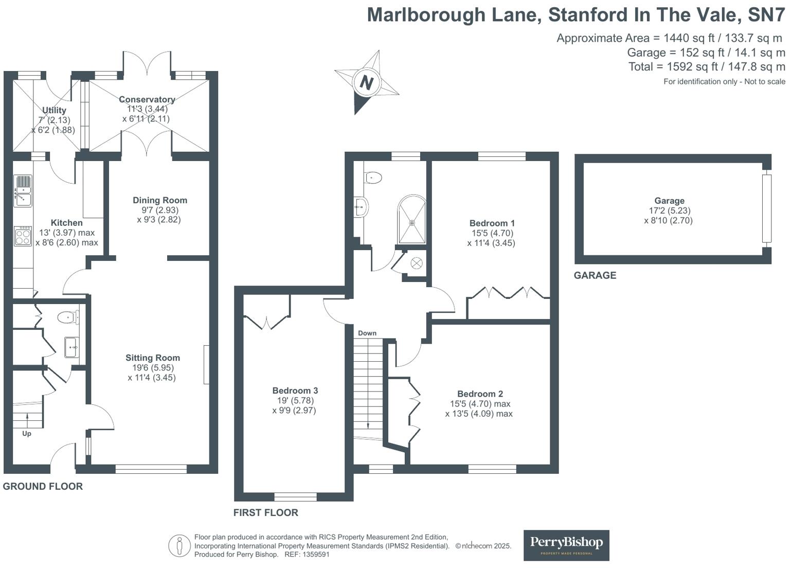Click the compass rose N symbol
(366, 82)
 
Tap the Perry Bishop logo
(566, 545)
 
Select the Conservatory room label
(147, 99)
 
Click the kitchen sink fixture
(23, 191)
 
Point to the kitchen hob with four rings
(23, 236)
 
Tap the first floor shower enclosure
(412, 220)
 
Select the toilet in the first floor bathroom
(373, 178)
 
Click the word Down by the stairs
(367, 333)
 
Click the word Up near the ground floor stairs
(27, 433)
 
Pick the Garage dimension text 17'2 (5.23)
(669, 210)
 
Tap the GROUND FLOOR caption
(43, 486)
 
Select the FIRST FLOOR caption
(265, 512)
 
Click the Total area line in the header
(707, 66)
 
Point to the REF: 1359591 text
(307, 555)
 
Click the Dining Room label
(160, 200)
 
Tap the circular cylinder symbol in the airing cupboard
(417, 263)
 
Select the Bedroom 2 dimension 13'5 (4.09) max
(479, 413)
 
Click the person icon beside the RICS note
(179, 545)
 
